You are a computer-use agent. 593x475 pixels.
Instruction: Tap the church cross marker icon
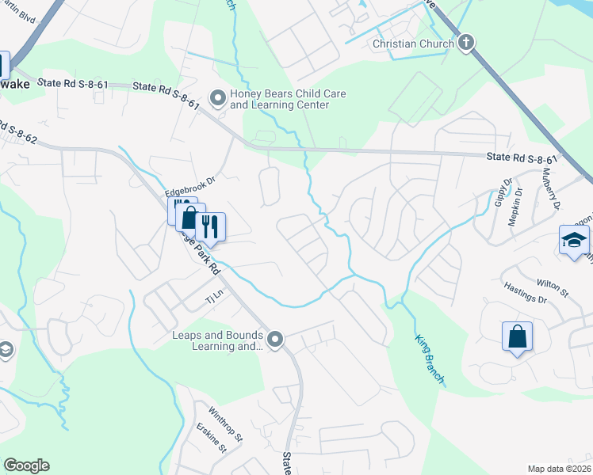[466, 43]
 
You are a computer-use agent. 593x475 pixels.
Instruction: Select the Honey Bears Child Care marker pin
[217, 97]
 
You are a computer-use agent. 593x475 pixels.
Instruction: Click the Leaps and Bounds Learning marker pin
[275, 340]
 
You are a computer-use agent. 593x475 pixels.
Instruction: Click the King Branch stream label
[429, 359]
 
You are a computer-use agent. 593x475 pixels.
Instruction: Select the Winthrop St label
[225, 424]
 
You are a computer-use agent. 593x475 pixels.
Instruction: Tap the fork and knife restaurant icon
[210, 227]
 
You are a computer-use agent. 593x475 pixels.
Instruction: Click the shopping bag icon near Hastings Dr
[517, 336]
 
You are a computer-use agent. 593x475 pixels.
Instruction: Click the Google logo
[26, 465]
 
